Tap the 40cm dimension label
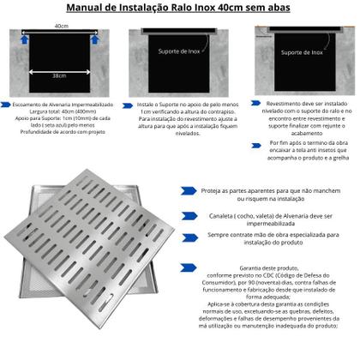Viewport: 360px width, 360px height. point(60,27)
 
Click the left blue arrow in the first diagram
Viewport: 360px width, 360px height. point(23,37)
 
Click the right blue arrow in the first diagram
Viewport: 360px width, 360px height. point(98,37)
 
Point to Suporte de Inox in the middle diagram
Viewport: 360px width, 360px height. point(178,62)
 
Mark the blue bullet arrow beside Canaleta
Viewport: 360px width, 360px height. point(185,218)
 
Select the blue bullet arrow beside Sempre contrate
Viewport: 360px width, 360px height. point(185,237)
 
